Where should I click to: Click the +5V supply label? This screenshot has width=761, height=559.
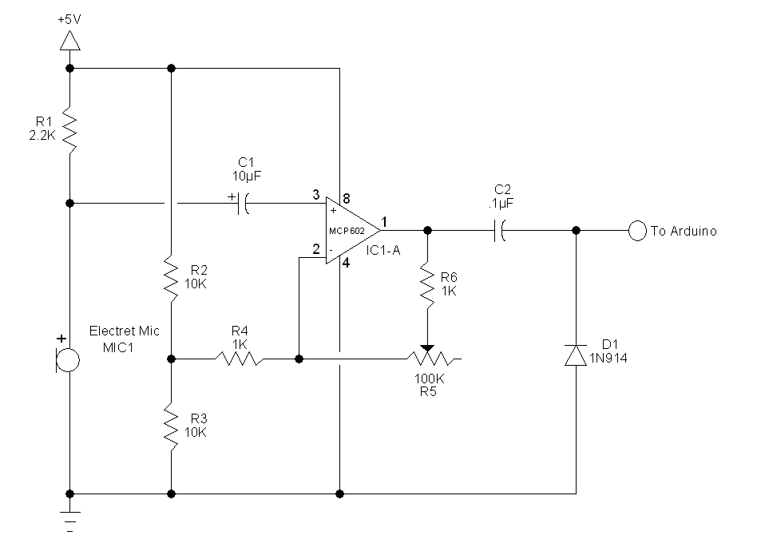click(x=70, y=18)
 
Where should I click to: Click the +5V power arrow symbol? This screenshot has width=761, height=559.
click(x=70, y=40)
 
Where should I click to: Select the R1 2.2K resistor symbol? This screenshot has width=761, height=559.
click(x=70, y=131)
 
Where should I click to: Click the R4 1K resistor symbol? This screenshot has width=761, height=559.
click(x=239, y=359)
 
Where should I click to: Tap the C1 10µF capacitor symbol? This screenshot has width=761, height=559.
click(x=244, y=204)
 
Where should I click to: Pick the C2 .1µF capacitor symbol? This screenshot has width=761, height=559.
click(x=501, y=231)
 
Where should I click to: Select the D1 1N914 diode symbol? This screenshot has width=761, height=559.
click(x=576, y=354)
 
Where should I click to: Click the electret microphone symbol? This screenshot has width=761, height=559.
click(x=68, y=360)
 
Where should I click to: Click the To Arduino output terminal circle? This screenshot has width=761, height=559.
click(x=636, y=231)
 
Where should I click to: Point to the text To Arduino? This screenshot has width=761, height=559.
click(x=684, y=231)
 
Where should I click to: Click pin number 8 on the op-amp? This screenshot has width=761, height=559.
click(x=345, y=197)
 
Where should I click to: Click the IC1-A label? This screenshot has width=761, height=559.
click(x=383, y=251)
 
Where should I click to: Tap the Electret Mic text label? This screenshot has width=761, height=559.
click(x=124, y=331)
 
